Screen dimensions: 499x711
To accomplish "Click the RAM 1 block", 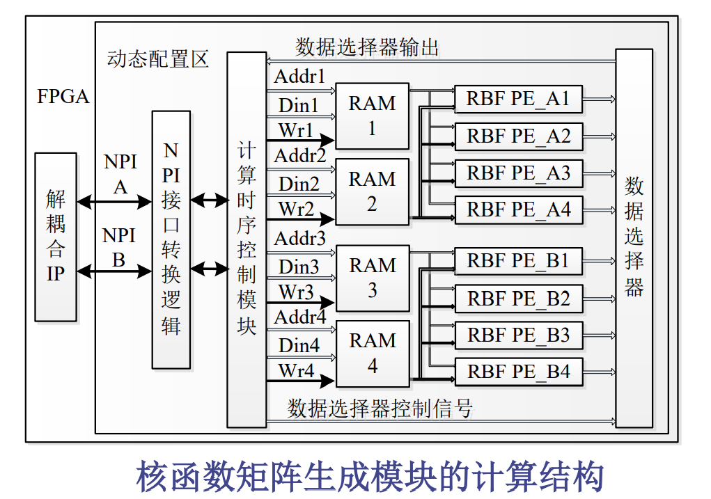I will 372,115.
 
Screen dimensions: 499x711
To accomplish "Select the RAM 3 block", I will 373,277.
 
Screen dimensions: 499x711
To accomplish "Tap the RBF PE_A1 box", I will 518,100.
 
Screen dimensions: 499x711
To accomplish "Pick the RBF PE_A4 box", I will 518,209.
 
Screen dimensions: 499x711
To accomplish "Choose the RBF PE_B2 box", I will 518,299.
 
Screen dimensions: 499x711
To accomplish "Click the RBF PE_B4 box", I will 518,372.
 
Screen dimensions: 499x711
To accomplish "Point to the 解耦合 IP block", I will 56,237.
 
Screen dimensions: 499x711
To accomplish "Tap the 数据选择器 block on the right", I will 634,237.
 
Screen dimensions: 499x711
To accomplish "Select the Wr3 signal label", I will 297,292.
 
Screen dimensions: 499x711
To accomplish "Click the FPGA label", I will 63,97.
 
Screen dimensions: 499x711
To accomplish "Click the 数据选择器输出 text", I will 367,47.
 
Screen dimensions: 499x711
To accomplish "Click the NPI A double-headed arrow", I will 114,203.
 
